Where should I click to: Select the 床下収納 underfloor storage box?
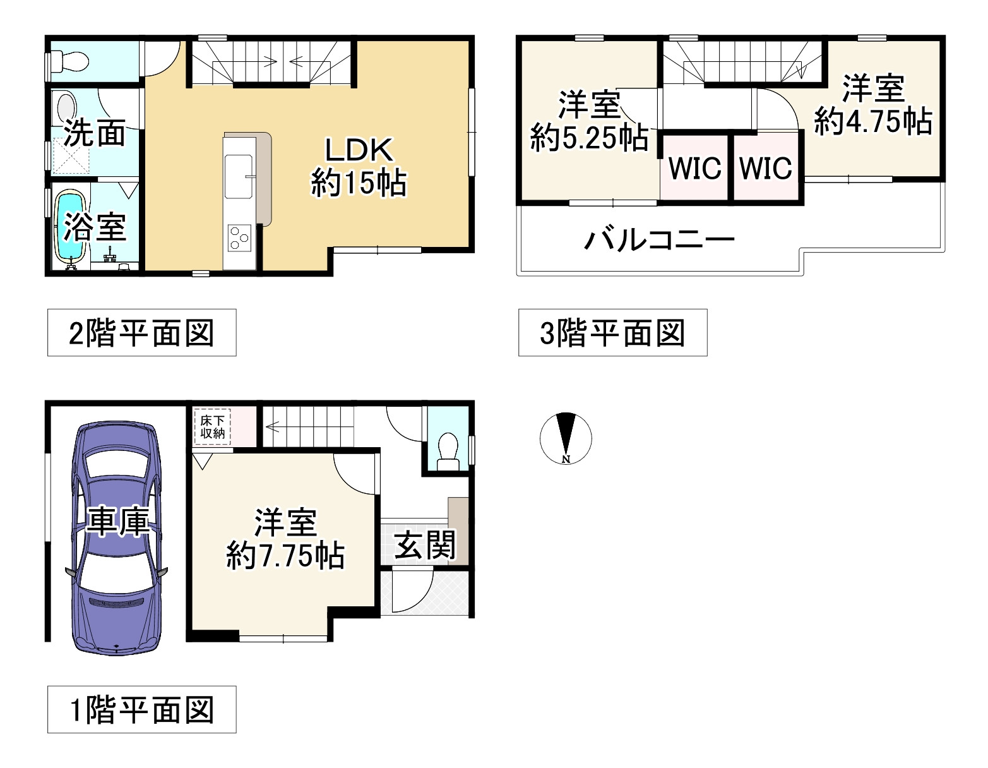pyautogui.click(x=213, y=428)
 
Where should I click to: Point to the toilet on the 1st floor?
pyautogui.click(x=448, y=451)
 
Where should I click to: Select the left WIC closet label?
pyautogui.click(x=694, y=169)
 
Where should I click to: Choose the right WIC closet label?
pyautogui.click(x=766, y=169)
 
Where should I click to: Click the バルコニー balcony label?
pyautogui.click(x=659, y=240)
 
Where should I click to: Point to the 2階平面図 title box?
pyautogui.click(x=141, y=333)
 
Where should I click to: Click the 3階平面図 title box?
pyautogui.click(x=612, y=333)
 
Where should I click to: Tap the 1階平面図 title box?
pyautogui.click(x=141, y=709)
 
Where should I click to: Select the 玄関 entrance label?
pyautogui.click(x=424, y=544)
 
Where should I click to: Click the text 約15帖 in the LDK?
pyautogui.click(x=359, y=184)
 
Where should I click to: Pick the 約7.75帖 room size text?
pyautogui.click(x=285, y=556)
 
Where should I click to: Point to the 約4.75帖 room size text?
pyautogui.click(x=873, y=121)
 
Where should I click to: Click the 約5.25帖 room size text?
pyautogui.click(x=589, y=137)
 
